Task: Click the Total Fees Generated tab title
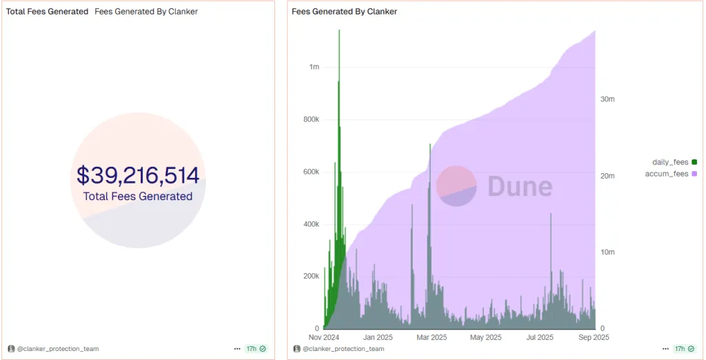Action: point(48,12)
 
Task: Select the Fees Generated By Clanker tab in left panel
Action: point(146,12)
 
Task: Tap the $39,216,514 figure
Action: point(138,175)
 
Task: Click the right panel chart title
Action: point(345,12)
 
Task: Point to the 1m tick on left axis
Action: point(314,67)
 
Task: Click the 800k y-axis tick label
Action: point(312,119)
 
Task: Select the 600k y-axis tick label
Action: point(312,172)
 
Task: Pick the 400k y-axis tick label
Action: point(312,224)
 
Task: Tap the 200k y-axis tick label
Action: point(312,276)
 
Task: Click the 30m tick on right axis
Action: point(607,99)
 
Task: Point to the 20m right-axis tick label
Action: point(607,176)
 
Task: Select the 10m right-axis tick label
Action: point(607,252)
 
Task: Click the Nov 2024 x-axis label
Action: point(323,337)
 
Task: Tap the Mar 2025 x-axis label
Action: point(432,337)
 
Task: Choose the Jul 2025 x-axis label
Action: point(540,337)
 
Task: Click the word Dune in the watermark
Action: point(520,187)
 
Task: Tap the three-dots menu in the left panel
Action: point(238,349)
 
